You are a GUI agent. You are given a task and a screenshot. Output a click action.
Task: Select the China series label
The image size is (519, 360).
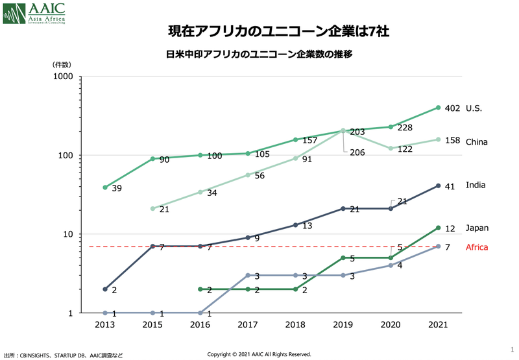point(477,141)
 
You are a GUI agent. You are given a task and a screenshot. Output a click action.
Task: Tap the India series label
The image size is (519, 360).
point(476,186)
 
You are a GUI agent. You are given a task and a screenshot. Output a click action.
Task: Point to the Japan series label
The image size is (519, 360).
point(477,228)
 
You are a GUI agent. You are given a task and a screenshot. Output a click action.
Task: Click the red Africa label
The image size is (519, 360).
point(477,247)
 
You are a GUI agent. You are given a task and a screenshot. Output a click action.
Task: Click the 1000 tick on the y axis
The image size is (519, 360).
point(62,77)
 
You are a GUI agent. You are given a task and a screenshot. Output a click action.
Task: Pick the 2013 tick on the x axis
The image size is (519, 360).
point(106,324)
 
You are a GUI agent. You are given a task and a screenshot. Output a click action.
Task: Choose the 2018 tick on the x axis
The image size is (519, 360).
point(295,324)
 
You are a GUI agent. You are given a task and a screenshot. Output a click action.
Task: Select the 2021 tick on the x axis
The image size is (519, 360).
point(438,324)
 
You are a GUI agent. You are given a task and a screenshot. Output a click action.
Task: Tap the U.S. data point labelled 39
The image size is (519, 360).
point(106,187)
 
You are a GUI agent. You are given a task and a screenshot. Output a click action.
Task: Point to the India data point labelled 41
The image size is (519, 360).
point(438,186)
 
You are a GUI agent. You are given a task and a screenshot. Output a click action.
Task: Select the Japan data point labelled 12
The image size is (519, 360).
point(438,228)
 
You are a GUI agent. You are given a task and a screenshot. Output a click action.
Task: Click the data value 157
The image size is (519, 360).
point(309,140)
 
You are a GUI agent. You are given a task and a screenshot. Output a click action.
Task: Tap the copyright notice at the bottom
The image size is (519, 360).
point(259,354)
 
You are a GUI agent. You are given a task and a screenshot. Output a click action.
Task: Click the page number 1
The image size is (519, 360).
point(512,350)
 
